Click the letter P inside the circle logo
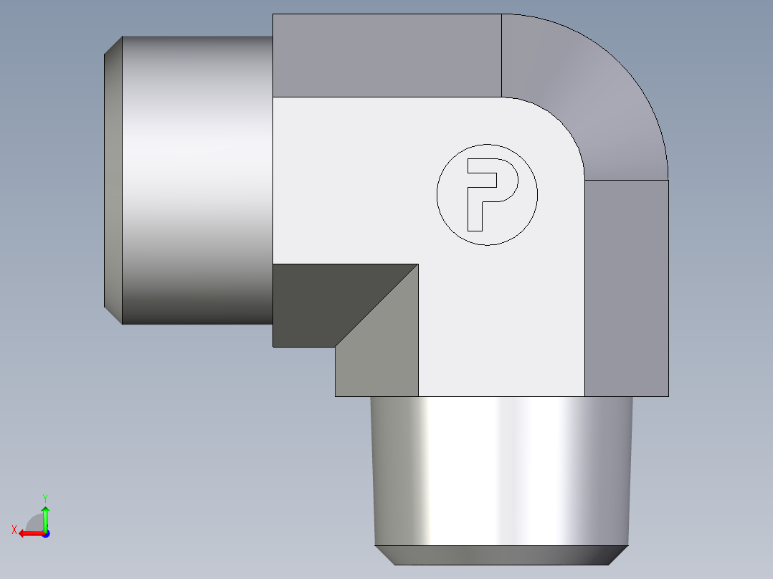(x=474, y=193)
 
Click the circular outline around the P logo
(x=437, y=195)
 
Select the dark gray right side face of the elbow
(x=627, y=287)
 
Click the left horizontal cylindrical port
(x=197, y=179)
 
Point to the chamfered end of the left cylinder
(x=113, y=179)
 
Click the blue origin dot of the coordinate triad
(x=45, y=534)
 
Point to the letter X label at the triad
(x=14, y=530)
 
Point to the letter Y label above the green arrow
(x=44, y=497)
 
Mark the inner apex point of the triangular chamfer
(x=418, y=264)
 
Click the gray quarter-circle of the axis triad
(x=35, y=524)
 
